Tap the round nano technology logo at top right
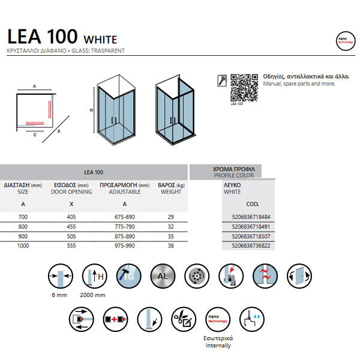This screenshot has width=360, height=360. pos(345,41)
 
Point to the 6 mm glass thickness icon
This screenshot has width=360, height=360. pos(59,277)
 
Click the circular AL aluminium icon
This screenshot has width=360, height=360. pos(163,277)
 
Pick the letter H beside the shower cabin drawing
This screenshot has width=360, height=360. pos(91,110)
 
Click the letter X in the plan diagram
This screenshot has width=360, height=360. pos(59,130)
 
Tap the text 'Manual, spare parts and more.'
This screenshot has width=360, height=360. pos(299,84)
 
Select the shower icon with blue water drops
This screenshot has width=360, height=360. pos(251,317)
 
